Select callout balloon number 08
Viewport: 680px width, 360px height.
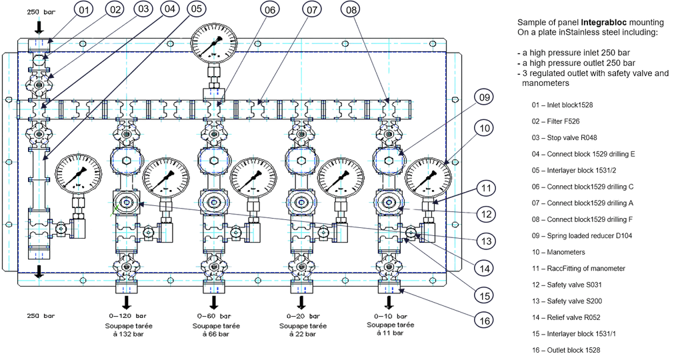[351, 10]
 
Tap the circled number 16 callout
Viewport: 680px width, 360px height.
[484, 321]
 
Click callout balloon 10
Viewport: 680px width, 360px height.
[484, 128]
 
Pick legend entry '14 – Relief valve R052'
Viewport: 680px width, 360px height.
[566, 317]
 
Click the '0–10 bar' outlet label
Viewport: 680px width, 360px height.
[391, 316]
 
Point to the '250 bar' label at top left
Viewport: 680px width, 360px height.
[41, 12]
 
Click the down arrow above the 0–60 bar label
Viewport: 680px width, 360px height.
[214, 302]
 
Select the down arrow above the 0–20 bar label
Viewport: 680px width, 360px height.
[301, 302]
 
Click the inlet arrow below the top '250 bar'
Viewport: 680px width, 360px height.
[39, 27]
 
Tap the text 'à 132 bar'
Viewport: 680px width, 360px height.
[129, 334]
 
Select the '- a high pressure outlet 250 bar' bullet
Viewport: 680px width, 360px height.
[577, 63]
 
